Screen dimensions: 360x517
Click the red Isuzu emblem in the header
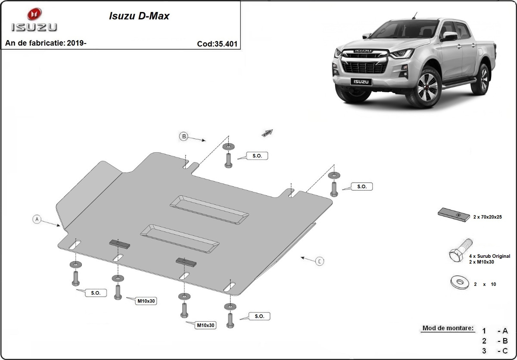(34, 14)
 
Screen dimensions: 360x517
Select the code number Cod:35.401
(217, 44)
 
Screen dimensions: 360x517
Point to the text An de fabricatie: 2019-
(46, 43)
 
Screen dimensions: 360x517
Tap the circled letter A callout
(37, 219)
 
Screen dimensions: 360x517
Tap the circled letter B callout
(184, 137)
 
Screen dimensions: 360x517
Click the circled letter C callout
(320, 261)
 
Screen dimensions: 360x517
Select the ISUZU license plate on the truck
(360, 81)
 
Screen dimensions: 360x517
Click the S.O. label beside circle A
(96, 293)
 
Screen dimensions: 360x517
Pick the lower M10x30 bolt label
(206, 325)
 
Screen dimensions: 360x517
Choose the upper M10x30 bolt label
(146, 301)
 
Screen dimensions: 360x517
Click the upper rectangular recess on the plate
(209, 209)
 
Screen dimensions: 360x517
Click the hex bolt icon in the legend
(460, 251)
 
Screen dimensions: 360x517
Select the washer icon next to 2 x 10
(459, 283)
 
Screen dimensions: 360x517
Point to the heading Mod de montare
(448, 328)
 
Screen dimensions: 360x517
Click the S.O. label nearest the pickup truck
(362, 187)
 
